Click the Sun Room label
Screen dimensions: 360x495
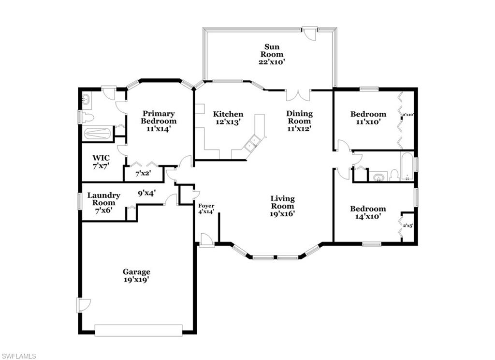point(270,55)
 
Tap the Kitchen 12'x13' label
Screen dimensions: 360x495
point(228,118)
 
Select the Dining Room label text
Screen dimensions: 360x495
point(300,121)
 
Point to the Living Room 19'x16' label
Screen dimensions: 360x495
point(282,206)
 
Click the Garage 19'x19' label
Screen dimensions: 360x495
point(136,275)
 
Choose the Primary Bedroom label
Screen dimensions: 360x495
point(158,121)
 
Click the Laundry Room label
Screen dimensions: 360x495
point(103,203)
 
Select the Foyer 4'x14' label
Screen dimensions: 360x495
point(205,209)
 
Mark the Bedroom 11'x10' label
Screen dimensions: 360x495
point(368,118)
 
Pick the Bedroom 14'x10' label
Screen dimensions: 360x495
point(368,213)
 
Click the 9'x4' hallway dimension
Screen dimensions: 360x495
point(146,192)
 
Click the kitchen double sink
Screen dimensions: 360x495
point(252,143)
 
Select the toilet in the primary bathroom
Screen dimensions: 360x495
point(87,117)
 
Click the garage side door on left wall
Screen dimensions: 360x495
point(83,305)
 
